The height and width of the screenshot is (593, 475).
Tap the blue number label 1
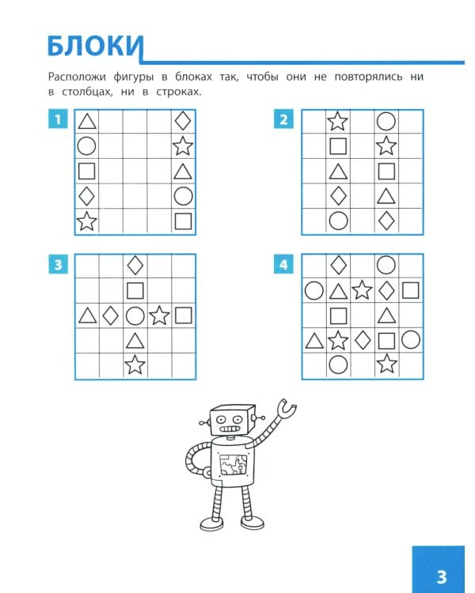(58, 119)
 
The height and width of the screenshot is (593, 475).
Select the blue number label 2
(283, 119)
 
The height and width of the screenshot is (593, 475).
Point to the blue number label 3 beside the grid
(58, 264)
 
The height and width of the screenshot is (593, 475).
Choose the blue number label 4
(283, 264)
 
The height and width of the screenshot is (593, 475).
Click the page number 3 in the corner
(442, 577)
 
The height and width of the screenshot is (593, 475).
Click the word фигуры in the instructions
(133, 77)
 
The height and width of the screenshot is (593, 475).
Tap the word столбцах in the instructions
(87, 92)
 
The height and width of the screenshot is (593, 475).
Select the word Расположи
(77, 77)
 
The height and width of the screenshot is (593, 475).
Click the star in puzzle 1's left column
(87, 221)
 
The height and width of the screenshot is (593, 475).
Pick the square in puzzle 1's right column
(184, 221)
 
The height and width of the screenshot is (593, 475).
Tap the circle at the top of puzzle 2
(386, 122)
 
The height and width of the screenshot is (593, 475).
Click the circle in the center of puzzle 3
(135, 315)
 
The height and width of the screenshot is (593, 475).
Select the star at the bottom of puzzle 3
(135, 364)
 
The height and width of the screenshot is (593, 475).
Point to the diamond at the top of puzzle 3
(135, 265)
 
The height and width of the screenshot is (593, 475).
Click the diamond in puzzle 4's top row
(338, 265)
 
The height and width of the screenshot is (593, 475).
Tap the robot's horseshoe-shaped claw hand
(287, 408)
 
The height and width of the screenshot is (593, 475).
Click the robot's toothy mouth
(229, 429)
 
